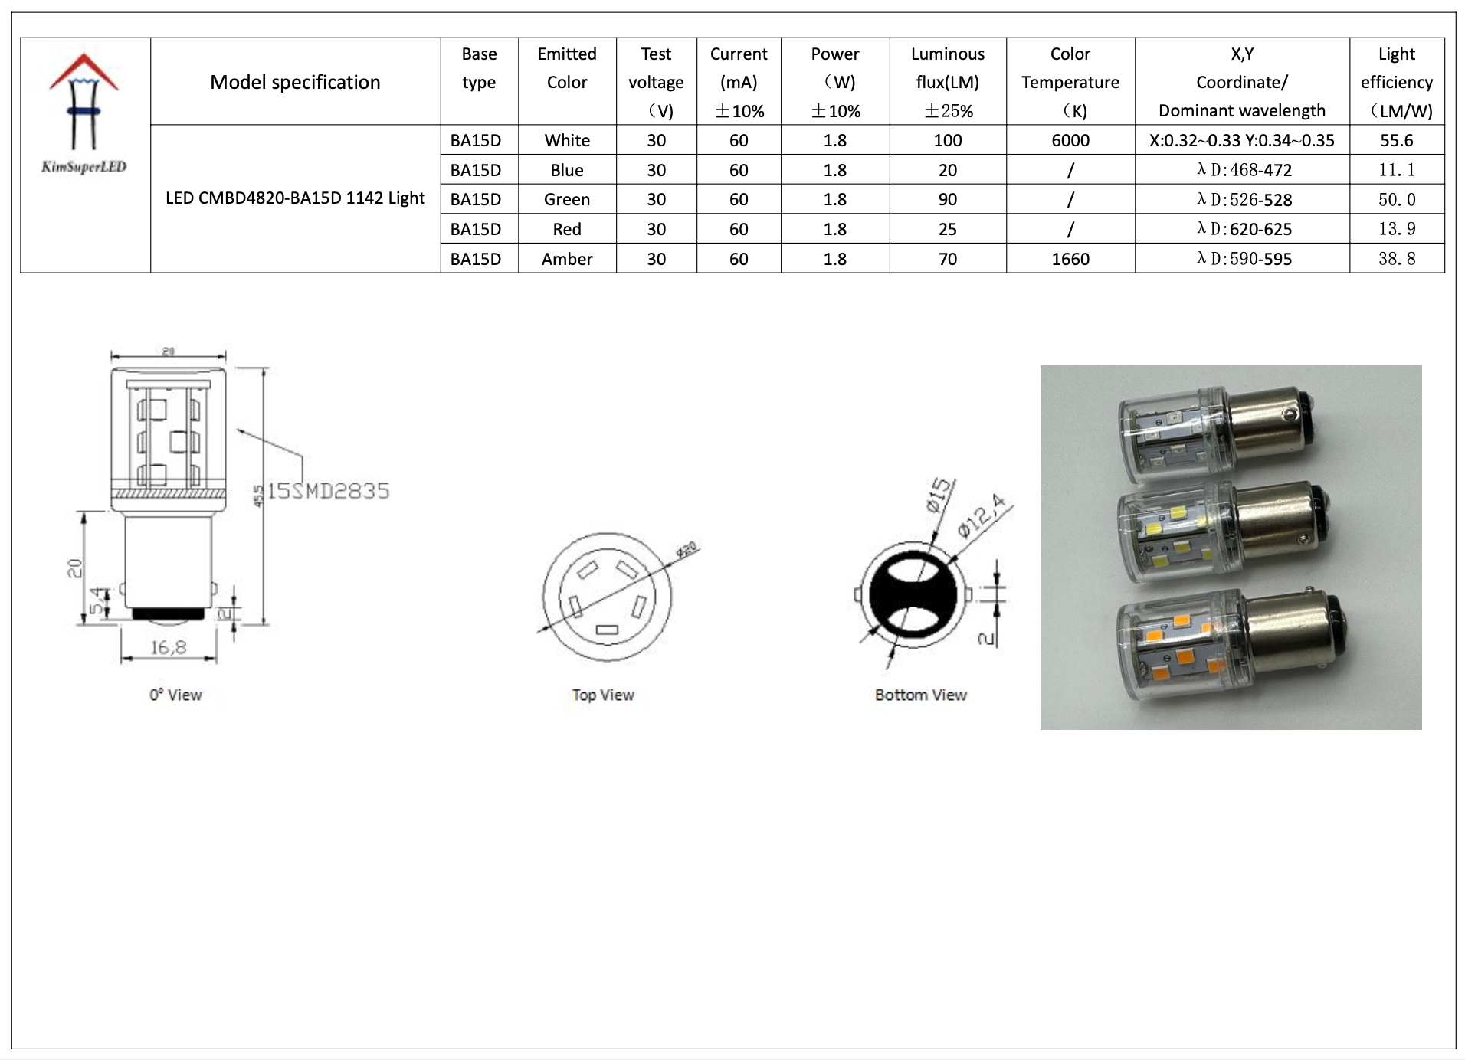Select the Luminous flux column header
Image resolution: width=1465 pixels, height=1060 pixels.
click(947, 82)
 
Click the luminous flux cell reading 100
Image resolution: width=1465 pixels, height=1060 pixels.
click(947, 140)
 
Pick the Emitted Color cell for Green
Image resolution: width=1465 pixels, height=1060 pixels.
click(566, 200)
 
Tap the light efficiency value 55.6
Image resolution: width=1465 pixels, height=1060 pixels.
click(1396, 140)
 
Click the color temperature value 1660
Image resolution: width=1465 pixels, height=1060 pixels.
click(1070, 259)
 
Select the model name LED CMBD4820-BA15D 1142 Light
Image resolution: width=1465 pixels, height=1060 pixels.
click(295, 198)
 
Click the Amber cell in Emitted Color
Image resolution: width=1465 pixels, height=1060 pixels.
click(566, 259)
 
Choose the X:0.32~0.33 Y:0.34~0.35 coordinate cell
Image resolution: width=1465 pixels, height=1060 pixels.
click(1241, 140)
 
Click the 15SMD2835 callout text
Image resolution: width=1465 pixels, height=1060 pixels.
click(328, 491)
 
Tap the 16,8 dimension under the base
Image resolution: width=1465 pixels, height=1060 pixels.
click(168, 648)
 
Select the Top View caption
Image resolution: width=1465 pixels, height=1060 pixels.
click(602, 695)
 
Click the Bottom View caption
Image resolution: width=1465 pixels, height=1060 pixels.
click(920, 695)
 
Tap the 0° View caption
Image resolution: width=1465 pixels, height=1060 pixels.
click(175, 695)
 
